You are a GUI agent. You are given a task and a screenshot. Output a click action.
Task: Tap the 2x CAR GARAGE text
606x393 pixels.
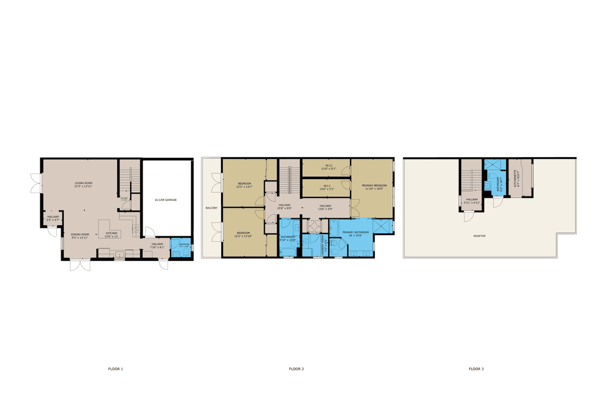[166, 199]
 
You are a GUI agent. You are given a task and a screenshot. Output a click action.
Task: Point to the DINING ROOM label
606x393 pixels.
[80, 235]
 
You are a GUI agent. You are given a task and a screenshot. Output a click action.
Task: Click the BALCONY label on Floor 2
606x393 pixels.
[211, 208]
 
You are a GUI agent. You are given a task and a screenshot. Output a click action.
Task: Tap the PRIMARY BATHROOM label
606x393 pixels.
[356, 232]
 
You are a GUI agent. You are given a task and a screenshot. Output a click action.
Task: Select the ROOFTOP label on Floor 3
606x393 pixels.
[479, 236]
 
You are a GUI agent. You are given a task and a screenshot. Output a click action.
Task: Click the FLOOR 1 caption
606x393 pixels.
[116, 369]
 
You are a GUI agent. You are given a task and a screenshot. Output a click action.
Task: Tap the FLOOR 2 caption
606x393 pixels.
[296, 369]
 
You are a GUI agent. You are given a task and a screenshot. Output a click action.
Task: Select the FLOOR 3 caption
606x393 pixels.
[476, 369]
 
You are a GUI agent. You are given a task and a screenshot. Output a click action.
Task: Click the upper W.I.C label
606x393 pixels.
[327, 166]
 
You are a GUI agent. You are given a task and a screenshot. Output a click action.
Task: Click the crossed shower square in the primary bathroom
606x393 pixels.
[382, 226]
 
